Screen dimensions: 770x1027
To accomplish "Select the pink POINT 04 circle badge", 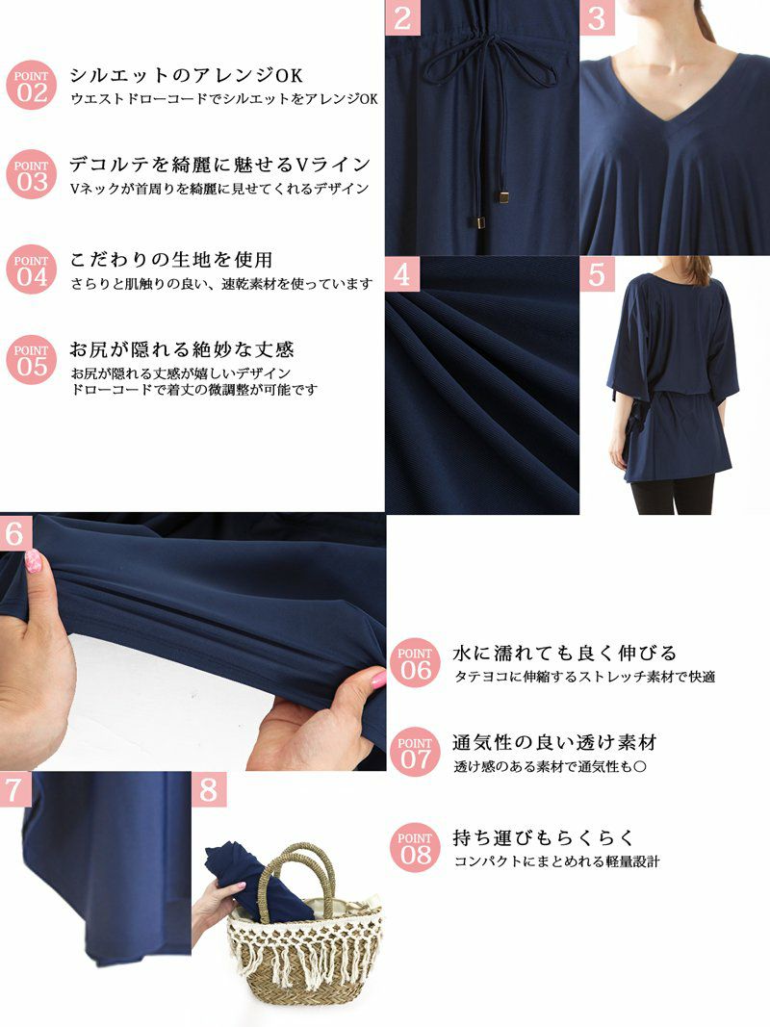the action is point(32,270).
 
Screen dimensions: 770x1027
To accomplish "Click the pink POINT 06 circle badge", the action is point(415,663).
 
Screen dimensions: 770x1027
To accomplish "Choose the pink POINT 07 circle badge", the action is point(415,754).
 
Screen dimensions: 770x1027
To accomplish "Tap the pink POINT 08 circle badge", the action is point(415,848).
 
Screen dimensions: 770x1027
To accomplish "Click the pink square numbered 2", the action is point(402,17).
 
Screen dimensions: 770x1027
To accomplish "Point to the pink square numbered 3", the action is point(597,17).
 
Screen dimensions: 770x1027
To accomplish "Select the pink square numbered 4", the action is point(402,274).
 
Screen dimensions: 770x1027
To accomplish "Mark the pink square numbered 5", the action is point(597,274).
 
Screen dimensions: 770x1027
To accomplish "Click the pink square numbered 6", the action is point(15,533).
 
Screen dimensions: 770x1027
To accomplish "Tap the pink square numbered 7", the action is point(13,789).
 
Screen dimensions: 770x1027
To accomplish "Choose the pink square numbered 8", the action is point(209,789).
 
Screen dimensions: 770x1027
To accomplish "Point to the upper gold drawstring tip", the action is point(504,196).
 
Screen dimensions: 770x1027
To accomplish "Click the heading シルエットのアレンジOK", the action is point(187,76).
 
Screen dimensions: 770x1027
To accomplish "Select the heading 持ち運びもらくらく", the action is point(544,837).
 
